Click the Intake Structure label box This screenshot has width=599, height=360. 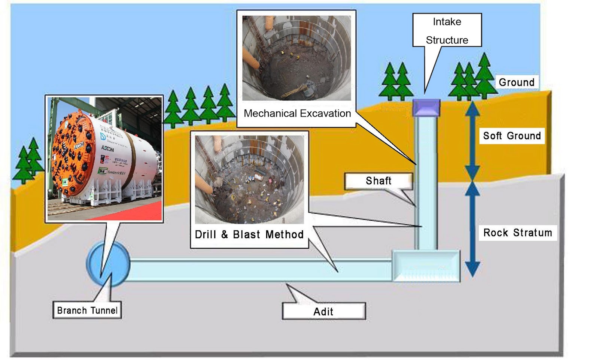pyautogui.click(x=447, y=30)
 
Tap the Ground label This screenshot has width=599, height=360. pyautogui.click(x=516, y=82)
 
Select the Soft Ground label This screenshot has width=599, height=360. pyautogui.click(x=512, y=136)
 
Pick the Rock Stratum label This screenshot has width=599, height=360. pyautogui.click(x=517, y=233)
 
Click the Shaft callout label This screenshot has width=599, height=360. pyautogui.click(x=378, y=181)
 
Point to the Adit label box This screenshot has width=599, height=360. pyautogui.click(x=323, y=311)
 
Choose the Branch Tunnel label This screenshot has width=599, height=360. pyautogui.click(x=87, y=310)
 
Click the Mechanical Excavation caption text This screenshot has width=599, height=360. pyautogui.click(x=297, y=114)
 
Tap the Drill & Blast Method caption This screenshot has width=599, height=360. pyautogui.click(x=249, y=235)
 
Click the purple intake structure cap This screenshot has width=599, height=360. pyautogui.click(x=426, y=108)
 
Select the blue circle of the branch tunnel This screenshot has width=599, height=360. pyautogui.click(x=108, y=264)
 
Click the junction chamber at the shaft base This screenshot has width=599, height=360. pyautogui.click(x=426, y=266)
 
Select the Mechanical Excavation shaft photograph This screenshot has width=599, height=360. pyautogui.click(x=297, y=58)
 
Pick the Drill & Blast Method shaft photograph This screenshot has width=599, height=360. pyautogui.click(x=249, y=180)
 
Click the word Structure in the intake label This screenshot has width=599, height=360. pyautogui.click(x=447, y=40)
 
